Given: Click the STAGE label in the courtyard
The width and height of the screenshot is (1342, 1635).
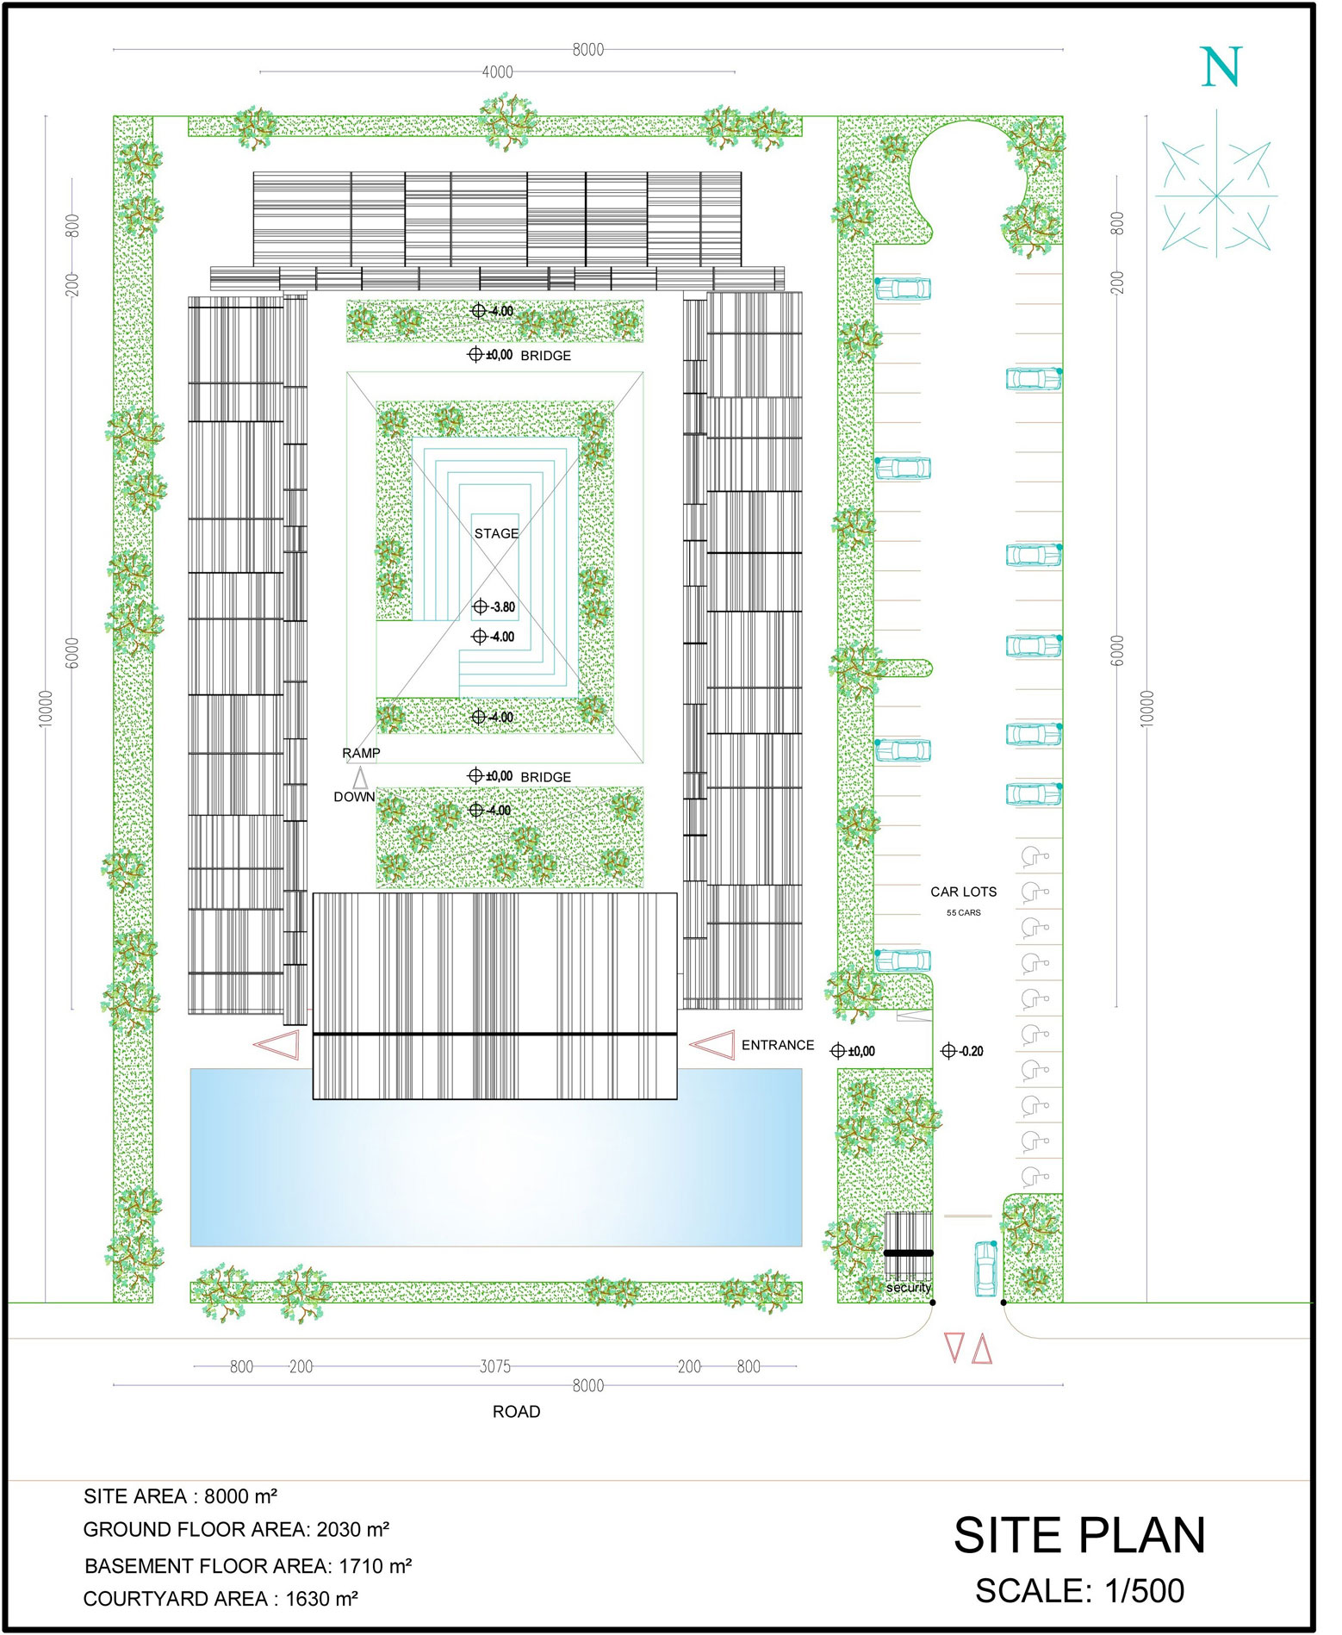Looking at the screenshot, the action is [496, 533].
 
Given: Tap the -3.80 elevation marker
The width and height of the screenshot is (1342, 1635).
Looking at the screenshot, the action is [494, 606].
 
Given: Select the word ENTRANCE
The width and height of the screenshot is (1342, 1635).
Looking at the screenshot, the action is [778, 1045].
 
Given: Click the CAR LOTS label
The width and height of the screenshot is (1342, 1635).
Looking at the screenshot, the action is [963, 892].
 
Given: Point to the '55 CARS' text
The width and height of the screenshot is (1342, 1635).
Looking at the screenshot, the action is [963, 912].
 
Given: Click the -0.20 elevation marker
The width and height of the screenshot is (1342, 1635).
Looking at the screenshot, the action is [962, 1051].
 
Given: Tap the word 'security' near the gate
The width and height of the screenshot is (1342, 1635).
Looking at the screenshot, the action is [909, 1288].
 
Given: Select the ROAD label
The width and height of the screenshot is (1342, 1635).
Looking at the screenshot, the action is [516, 1411].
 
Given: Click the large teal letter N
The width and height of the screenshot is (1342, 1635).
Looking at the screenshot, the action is [1221, 67].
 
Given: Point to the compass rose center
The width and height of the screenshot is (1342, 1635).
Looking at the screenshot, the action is [1216, 196].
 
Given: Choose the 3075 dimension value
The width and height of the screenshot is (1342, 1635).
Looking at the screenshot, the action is [495, 1366].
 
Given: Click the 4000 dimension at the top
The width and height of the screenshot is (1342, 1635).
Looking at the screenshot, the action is [498, 72].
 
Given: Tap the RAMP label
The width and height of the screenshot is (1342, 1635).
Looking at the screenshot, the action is [361, 753].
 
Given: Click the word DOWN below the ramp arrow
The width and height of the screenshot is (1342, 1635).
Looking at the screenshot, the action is [354, 797].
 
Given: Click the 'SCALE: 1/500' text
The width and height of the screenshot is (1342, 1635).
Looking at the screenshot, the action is [1079, 1590].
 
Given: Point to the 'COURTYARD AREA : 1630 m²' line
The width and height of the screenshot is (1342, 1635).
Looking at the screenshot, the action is [221, 1599].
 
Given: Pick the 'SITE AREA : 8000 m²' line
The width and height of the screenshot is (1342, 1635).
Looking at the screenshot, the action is [180, 1496].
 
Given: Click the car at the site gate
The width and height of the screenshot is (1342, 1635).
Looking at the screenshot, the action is [985, 1268].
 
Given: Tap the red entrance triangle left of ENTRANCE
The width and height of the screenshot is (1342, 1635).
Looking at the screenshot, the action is [712, 1044].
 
